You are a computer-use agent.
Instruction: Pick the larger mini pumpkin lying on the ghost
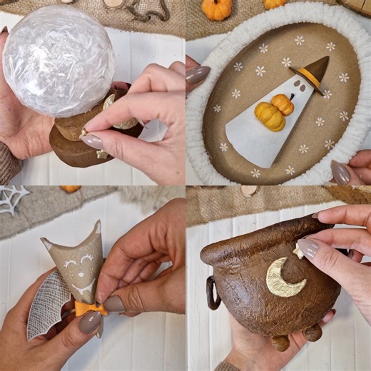coord(270,116)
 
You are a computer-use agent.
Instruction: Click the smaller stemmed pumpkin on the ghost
coord(283,103)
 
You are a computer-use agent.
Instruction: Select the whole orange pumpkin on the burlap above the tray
coord(216,9)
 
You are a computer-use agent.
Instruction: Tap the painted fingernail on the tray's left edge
coord(198,74)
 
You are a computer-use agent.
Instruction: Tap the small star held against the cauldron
coord(298,252)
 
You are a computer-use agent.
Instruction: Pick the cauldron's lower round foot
coord(280,342)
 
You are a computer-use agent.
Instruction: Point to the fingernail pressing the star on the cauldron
coord(308,248)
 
